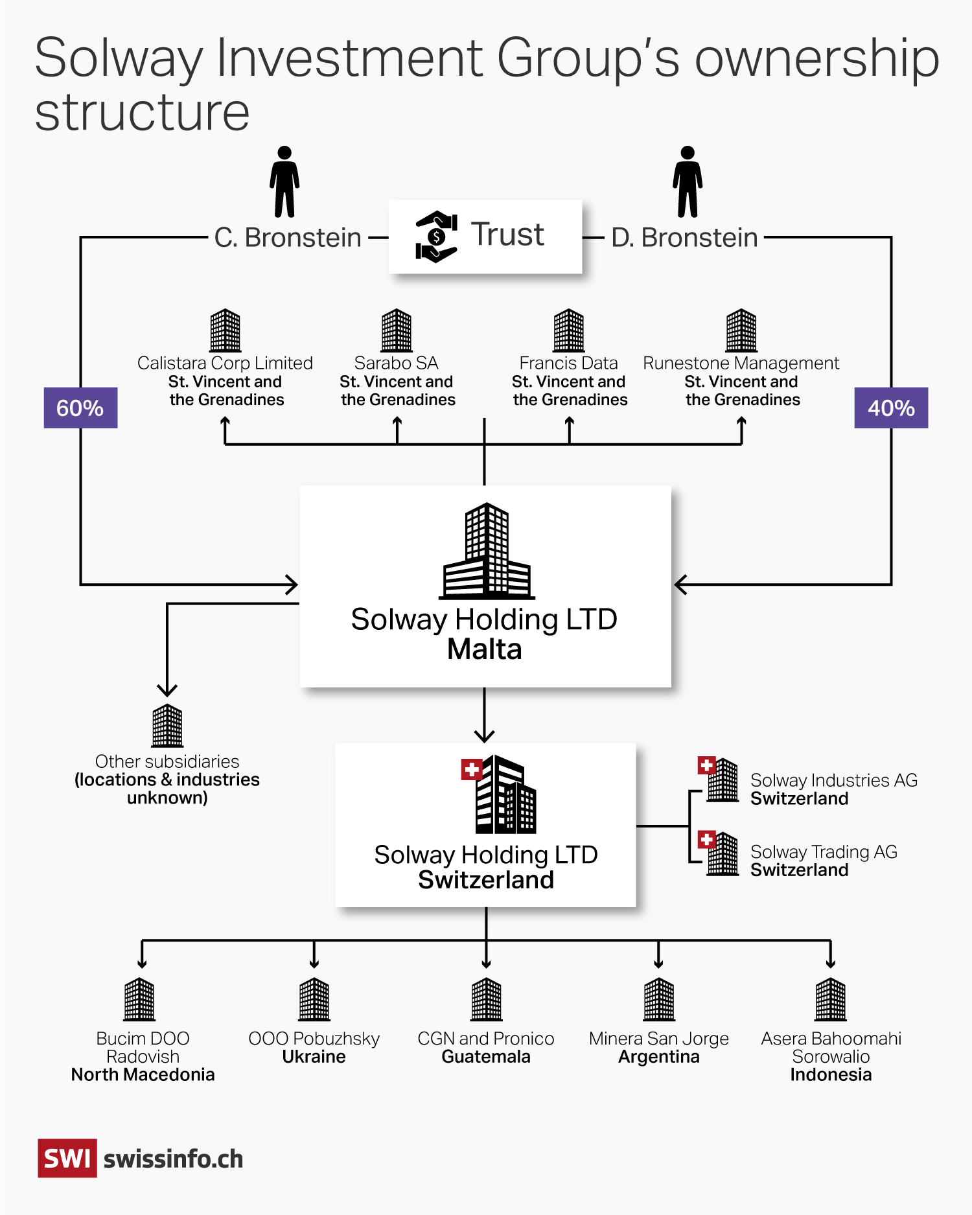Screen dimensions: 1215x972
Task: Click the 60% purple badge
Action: click(80, 408)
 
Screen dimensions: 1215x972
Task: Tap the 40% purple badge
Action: click(891, 408)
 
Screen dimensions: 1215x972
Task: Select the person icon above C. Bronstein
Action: click(284, 181)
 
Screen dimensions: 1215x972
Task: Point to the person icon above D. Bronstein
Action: click(688, 181)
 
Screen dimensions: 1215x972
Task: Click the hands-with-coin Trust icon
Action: click(436, 237)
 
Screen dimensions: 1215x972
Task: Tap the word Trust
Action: click(507, 235)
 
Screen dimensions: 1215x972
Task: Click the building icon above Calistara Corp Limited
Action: click(226, 330)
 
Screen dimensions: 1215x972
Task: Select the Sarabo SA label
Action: click(397, 363)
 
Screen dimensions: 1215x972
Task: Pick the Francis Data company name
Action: click(568, 363)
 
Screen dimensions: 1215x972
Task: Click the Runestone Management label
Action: click(741, 363)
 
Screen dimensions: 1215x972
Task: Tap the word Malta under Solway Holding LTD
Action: click(485, 649)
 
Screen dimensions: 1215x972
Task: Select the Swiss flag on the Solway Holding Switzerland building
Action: click(471, 770)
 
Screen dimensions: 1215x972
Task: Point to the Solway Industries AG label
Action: click(833, 780)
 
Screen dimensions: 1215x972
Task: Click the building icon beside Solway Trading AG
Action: click(722, 854)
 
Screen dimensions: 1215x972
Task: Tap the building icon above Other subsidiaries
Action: click(167, 726)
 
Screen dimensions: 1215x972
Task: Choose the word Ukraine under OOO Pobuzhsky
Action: click(314, 1057)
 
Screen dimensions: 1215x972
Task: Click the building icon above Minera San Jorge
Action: click(659, 999)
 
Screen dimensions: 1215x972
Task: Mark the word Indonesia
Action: click(831, 1075)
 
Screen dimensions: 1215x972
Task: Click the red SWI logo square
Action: click(67, 1158)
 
